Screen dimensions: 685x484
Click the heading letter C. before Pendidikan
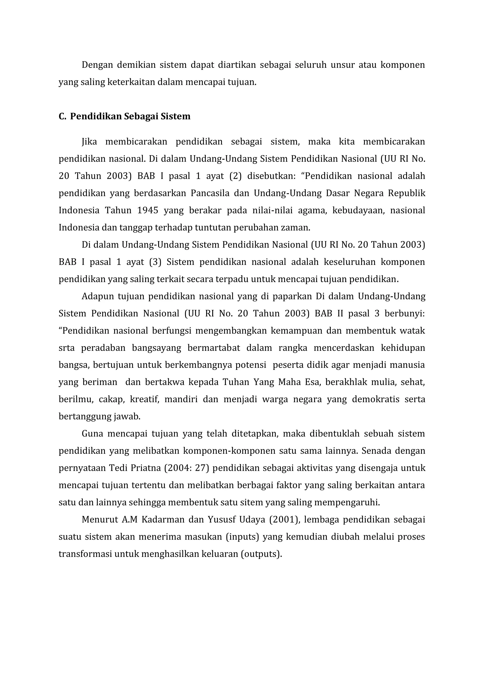(62, 116)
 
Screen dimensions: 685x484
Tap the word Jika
(89, 142)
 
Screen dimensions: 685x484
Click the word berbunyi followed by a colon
(404, 314)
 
